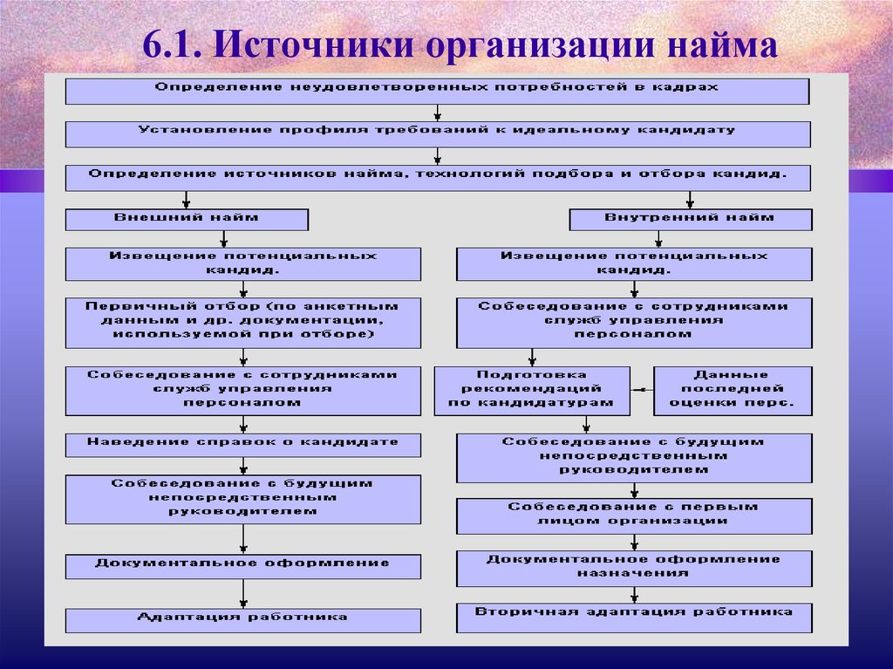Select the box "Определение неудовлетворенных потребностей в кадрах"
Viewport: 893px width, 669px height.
coord(437,90)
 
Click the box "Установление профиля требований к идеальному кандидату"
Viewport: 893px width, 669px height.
coord(437,133)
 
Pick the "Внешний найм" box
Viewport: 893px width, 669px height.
coord(187,219)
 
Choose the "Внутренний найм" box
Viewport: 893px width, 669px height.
coord(690,219)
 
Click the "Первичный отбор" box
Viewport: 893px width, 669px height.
coord(242,323)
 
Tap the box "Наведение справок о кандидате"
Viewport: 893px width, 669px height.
coord(242,444)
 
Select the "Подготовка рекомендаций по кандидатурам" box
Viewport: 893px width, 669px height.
coord(531,390)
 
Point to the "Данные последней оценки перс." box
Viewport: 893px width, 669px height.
coord(733,390)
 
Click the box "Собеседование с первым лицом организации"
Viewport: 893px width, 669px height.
coord(634,515)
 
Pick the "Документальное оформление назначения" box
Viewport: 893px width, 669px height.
coord(634,568)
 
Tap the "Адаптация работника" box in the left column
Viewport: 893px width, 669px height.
coord(242,619)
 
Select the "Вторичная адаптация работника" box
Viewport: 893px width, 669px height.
coord(634,616)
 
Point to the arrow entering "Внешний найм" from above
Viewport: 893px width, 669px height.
coord(186,200)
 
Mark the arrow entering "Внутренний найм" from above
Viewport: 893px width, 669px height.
coord(690,200)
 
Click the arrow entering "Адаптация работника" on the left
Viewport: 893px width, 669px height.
coord(243,594)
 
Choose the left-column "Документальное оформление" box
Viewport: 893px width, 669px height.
coord(242,565)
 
